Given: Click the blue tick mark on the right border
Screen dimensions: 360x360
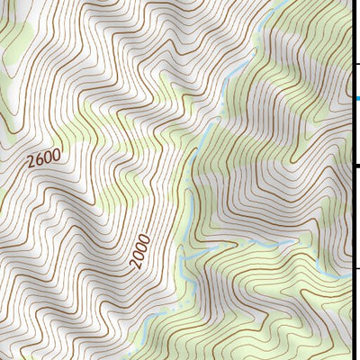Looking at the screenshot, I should (355, 97).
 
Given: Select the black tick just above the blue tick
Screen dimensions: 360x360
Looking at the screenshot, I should (355, 64).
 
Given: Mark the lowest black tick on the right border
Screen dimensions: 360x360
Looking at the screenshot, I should (356, 267).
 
